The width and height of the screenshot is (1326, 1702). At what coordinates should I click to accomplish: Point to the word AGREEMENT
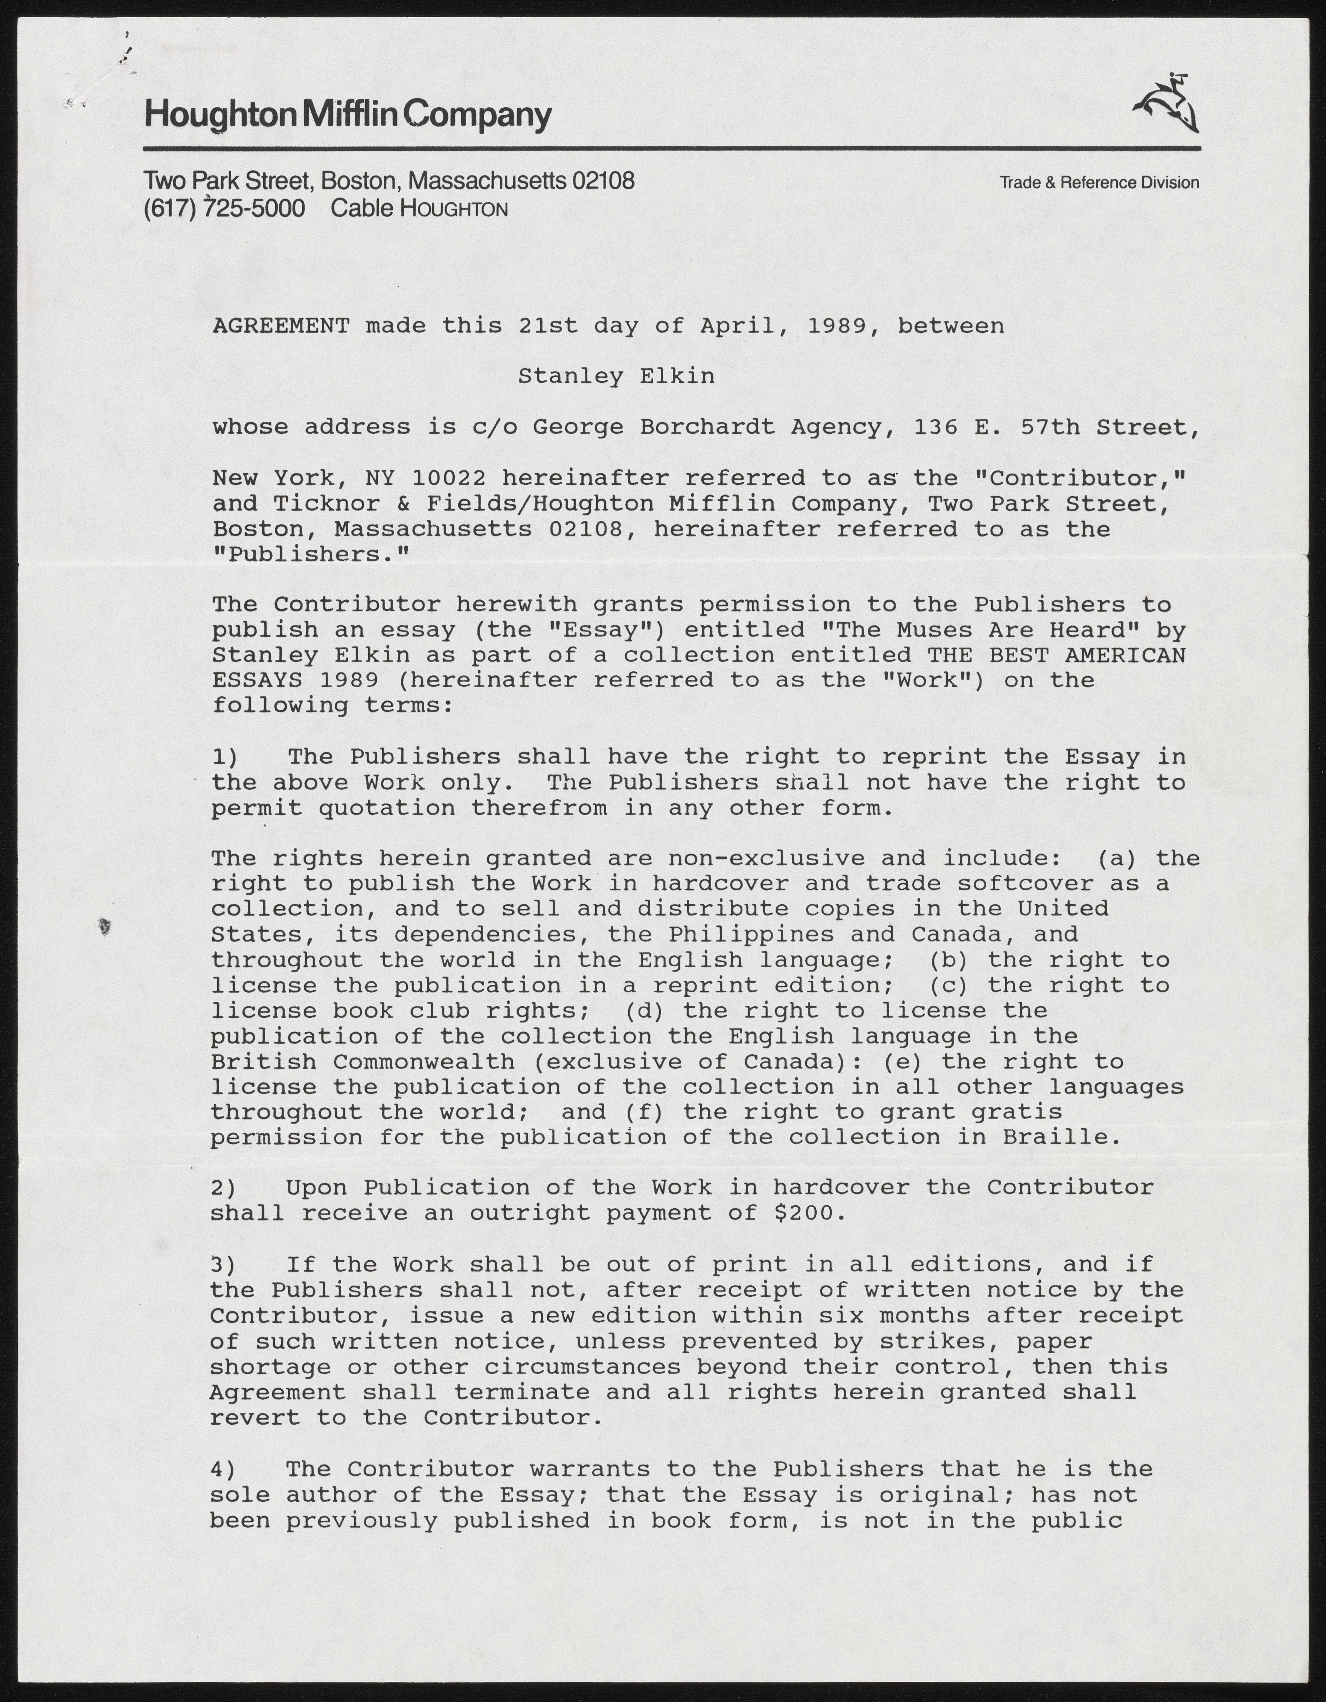280,326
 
